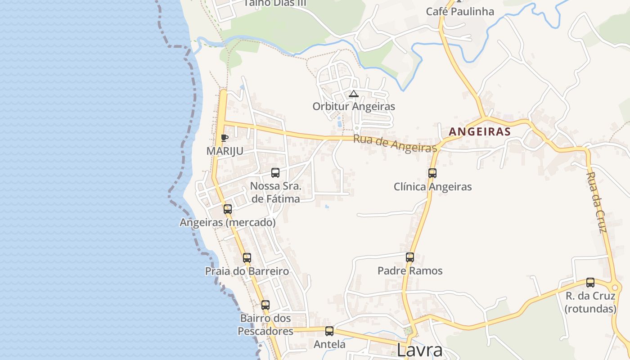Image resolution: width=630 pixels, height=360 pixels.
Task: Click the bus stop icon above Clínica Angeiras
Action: click(x=432, y=173)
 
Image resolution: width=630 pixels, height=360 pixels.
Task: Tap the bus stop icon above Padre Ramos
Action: click(x=410, y=257)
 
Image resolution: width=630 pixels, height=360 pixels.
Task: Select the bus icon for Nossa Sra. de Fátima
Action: click(x=275, y=172)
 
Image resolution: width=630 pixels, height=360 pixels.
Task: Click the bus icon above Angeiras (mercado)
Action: click(x=228, y=209)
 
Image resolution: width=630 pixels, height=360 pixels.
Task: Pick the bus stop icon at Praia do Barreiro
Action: click(x=247, y=258)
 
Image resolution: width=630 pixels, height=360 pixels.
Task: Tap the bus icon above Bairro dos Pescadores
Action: click(x=265, y=305)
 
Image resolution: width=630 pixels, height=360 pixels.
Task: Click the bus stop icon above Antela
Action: click(x=329, y=331)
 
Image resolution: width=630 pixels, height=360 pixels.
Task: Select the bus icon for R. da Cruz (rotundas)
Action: click(x=590, y=283)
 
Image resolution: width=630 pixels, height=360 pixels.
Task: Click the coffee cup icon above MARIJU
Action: click(x=225, y=138)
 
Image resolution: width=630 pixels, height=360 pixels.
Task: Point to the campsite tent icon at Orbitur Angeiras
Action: click(x=354, y=94)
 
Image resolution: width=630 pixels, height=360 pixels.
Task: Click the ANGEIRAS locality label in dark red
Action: click(x=480, y=132)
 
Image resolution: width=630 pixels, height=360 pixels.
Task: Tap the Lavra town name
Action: click(x=419, y=350)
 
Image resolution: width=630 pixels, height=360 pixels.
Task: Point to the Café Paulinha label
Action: click(x=460, y=11)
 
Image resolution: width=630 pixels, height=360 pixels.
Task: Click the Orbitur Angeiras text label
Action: click(x=354, y=107)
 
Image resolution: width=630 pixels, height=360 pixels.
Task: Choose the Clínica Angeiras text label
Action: click(x=432, y=187)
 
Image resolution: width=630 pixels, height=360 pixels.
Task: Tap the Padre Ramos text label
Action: click(x=410, y=271)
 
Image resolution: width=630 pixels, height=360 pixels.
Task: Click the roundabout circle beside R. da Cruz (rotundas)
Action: click(x=614, y=288)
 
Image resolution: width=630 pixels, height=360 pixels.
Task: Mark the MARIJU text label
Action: click(x=225, y=151)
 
